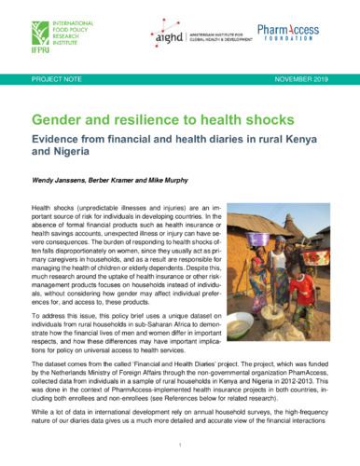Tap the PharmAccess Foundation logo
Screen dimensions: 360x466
click(x=313, y=38)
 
